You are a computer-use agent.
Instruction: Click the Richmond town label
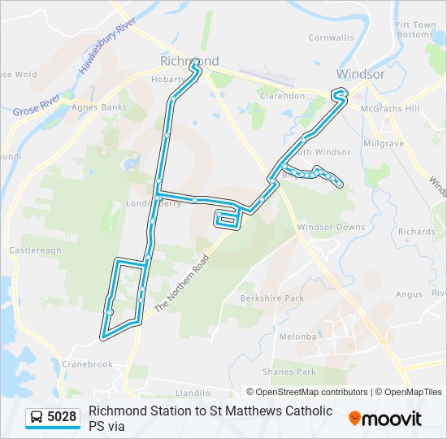click(x=189, y=61)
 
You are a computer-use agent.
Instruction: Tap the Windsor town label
click(x=360, y=74)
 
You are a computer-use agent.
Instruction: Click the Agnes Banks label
click(x=99, y=107)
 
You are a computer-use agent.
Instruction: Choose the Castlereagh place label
click(x=35, y=250)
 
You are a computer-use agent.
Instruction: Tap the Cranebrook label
click(x=87, y=364)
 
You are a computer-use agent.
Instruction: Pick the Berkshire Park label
click(x=271, y=298)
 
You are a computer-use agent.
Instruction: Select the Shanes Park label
click(x=295, y=372)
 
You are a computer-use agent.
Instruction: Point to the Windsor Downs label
click(x=331, y=228)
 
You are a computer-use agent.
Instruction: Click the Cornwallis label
click(x=331, y=37)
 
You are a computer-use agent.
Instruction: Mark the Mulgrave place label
click(x=384, y=143)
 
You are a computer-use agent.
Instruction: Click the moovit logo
click(x=385, y=418)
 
